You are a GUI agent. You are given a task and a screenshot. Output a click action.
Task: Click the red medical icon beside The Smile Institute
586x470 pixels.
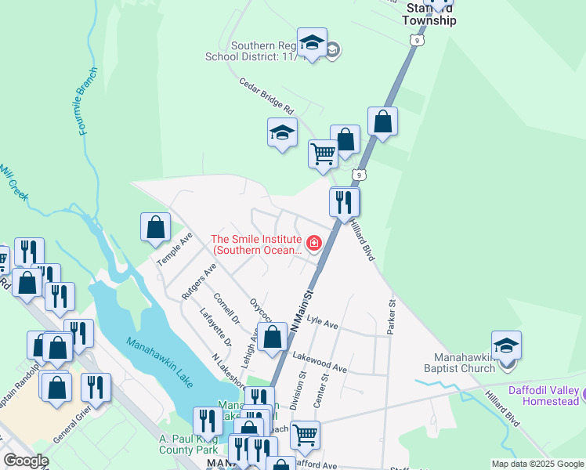tap(314, 243)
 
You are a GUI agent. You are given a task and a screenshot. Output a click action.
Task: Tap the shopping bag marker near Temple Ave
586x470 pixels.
tap(156, 227)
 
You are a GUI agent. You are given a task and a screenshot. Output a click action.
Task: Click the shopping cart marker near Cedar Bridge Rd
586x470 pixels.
tap(323, 154)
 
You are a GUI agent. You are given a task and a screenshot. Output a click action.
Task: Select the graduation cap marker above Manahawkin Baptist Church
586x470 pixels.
tap(506, 345)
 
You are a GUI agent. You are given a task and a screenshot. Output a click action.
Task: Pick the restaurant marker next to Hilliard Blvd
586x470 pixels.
tap(344, 202)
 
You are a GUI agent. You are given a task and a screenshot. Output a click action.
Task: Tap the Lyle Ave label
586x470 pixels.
tap(322, 322)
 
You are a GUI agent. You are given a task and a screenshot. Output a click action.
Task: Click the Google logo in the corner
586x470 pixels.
tap(26, 461)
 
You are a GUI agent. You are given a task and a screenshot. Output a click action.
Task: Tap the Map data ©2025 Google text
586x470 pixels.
tap(537, 464)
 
